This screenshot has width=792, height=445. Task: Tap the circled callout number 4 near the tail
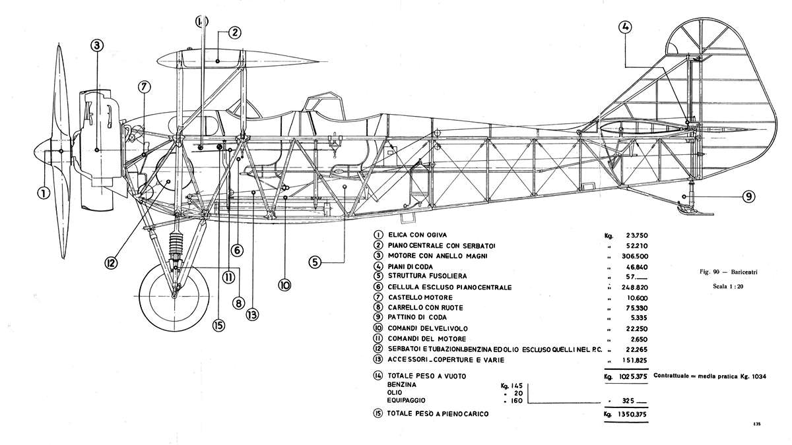626,28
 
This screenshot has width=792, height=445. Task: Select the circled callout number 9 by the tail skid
748,196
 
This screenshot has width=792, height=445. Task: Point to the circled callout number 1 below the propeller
44,193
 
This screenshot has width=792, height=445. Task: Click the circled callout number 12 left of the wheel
110,263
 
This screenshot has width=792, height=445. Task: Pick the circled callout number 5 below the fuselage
315,262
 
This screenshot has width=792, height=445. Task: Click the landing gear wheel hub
174,295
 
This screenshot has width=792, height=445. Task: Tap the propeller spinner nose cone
42,152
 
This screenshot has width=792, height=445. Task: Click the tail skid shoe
695,211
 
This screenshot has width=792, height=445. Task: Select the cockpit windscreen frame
323,102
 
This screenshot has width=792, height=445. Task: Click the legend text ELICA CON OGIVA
417,235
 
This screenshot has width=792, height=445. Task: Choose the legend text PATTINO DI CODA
417,318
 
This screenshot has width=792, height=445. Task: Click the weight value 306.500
635,256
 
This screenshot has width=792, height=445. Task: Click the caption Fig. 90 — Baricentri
729,272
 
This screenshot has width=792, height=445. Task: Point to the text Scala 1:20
728,286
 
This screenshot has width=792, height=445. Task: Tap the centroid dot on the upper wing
217,61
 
